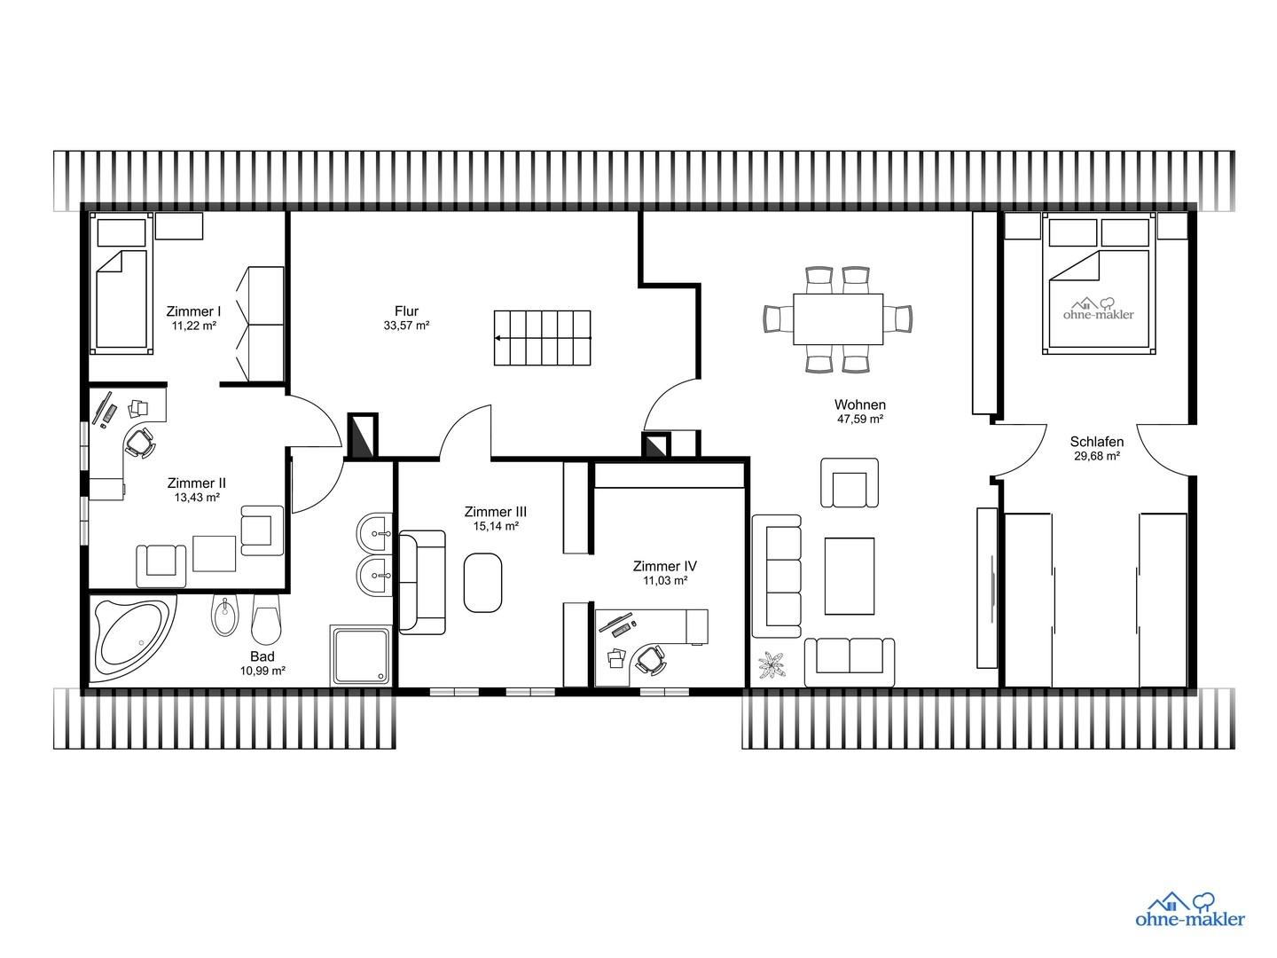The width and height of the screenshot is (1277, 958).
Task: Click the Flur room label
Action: (406, 311)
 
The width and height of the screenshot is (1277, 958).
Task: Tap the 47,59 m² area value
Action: (860, 419)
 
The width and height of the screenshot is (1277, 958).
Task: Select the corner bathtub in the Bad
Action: (135, 637)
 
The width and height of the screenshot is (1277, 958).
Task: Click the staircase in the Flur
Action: (542, 338)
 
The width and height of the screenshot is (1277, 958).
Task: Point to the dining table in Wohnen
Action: (838, 319)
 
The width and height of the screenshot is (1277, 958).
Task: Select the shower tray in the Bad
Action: (361, 655)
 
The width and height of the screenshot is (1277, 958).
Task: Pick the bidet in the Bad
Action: (224, 616)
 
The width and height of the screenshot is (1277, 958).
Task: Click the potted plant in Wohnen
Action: (772, 665)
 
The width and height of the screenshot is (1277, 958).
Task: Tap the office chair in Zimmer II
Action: (139, 442)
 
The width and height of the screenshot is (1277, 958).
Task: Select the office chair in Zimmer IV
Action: (650, 660)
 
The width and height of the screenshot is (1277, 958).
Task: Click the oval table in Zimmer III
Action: (482, 582)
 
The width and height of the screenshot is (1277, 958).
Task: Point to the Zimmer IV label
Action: (664, 566)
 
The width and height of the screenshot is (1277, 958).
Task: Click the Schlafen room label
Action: (1097, 442)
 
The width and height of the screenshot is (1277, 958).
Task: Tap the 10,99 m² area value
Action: (262, 671)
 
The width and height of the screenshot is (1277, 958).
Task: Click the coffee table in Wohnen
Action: (849, 576)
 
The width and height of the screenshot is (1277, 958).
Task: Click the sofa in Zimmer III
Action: (422, 582)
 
